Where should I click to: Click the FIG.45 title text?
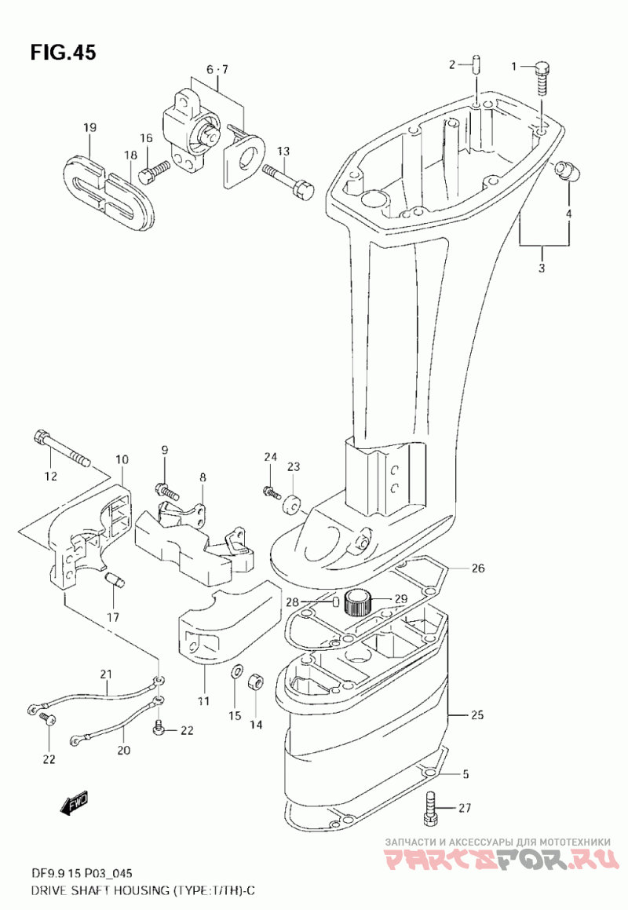[64, 53]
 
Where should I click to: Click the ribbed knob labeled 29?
[357, 602]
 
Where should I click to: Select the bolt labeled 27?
[430, 807]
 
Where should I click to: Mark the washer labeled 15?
[237, 673]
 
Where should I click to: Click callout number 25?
[477, 715]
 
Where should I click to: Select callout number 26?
[478, 568]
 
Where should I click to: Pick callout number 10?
[122, 460]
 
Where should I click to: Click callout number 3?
[542, 268]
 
